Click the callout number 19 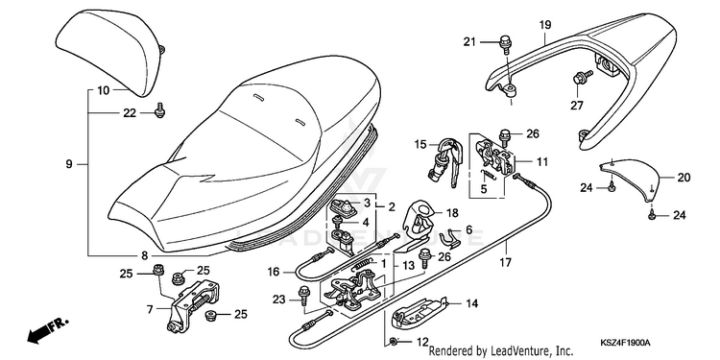545,25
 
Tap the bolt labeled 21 505,44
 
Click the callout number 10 104,90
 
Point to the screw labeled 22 159,110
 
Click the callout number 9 69,163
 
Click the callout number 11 542,161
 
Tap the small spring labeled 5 488,175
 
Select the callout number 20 684,177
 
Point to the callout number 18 452,213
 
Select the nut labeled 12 394,342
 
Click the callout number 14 471,303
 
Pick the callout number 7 150,309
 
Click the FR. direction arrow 47,330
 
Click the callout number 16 274,273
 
